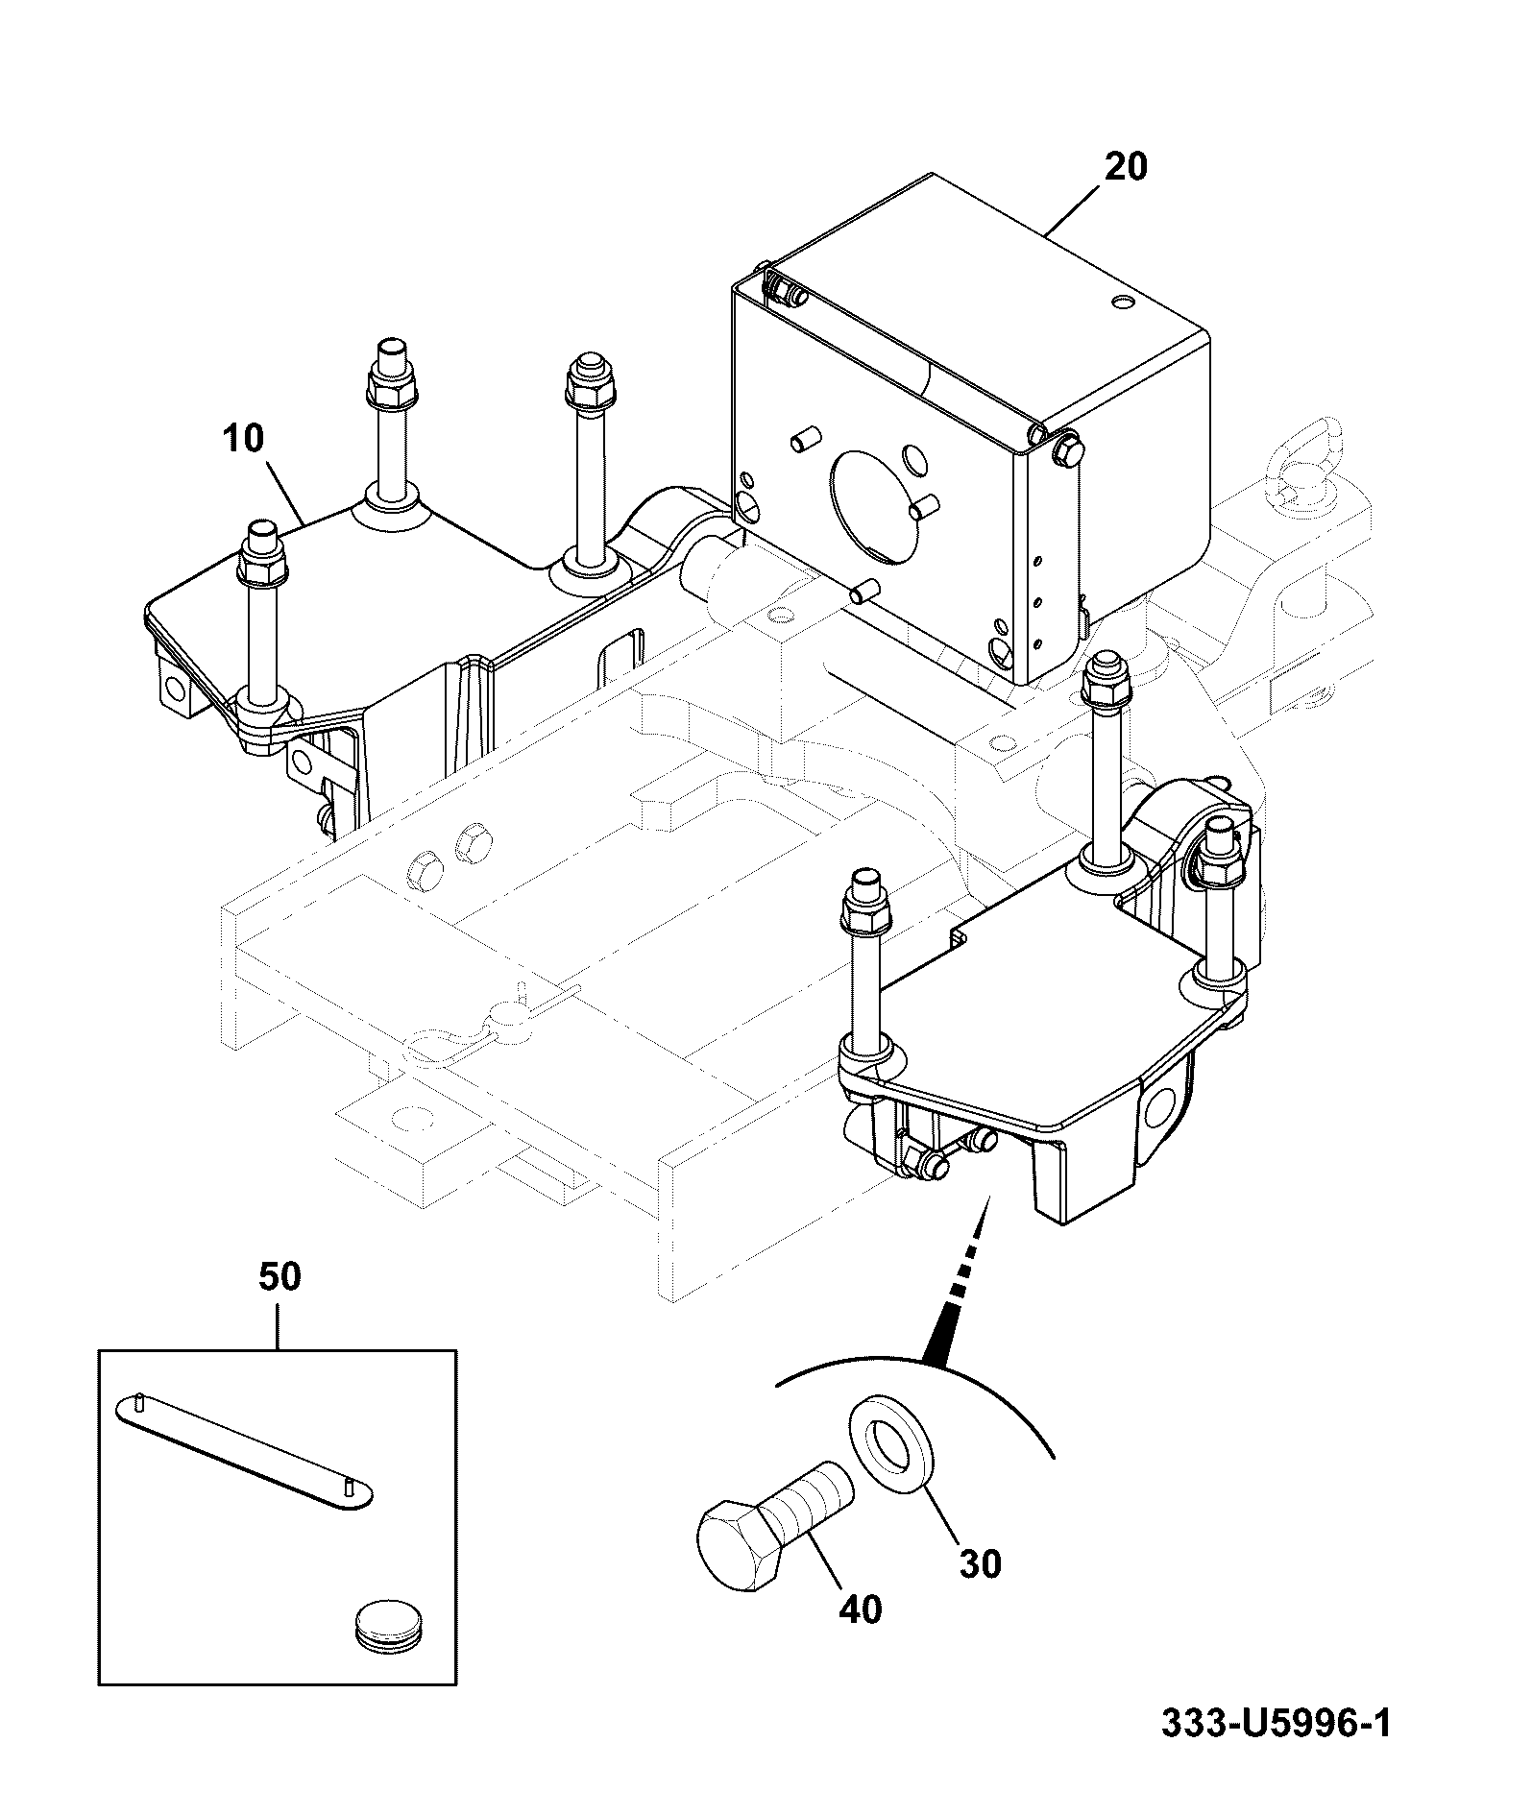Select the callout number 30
click(980, 1564)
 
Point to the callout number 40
click(861, 1610)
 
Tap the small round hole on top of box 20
click(1124, 303)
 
